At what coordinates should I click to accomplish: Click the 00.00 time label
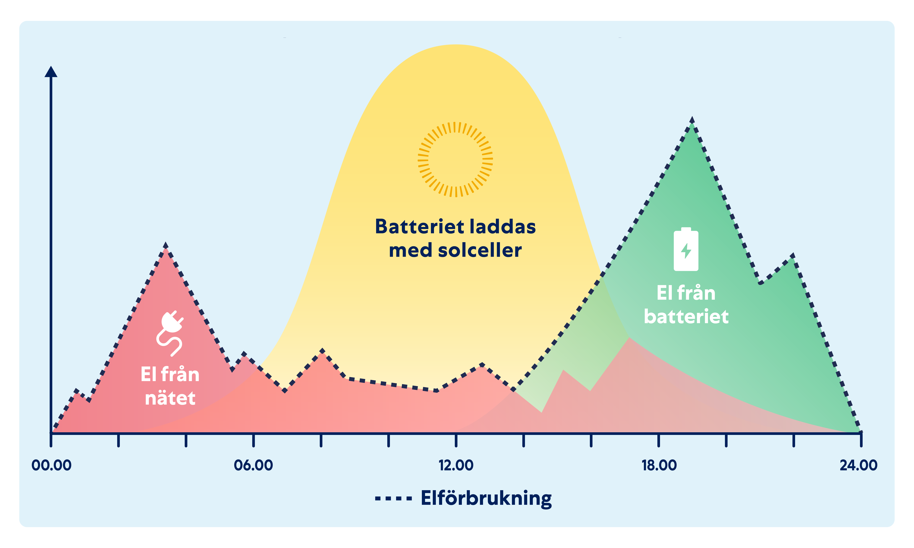pyautogui.click(x=51, y=465)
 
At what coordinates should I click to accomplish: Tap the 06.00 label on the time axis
pyautogui.click(x=253, y=465)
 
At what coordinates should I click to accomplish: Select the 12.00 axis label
pyautogui.click(x=456, y=465)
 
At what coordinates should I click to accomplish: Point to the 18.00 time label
pyautogui.click(x=659, y=465)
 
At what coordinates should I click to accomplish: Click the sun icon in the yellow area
pyautogui.click(x=455, y=160)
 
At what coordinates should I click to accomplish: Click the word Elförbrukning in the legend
pyautogui.click(x=486, y=499)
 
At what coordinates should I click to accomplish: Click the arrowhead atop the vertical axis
pyautogui.click(x=51, y=72)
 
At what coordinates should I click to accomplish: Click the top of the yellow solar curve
pyautogui.click(x=456, y=45)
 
